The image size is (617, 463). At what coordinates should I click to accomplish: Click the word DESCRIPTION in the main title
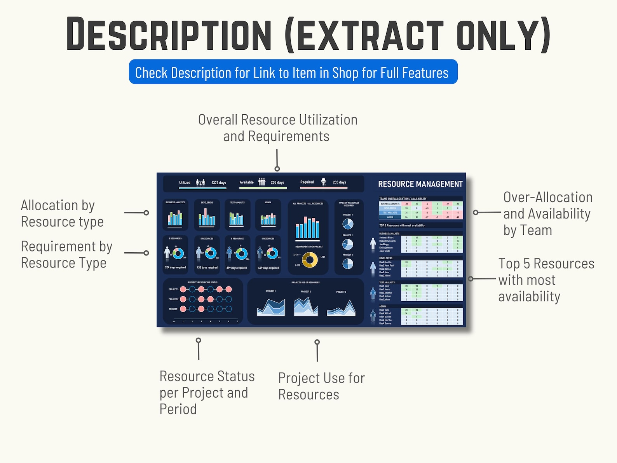point(169,34)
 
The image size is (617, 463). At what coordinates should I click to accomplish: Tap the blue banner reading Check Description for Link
point(293,72)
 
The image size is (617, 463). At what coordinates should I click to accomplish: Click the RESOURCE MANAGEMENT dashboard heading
point(420,184)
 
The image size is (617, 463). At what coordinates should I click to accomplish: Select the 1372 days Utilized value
point(219,183)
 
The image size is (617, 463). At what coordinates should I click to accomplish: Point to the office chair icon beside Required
point(323,182)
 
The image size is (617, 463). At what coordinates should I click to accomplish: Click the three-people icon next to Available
point(262,182)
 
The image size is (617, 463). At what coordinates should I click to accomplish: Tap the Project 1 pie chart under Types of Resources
point(348,224)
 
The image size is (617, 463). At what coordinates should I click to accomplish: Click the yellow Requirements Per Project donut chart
point(310,260)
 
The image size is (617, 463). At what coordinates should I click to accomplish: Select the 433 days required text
point(207,267)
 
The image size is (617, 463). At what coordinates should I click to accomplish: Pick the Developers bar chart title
point(207,203)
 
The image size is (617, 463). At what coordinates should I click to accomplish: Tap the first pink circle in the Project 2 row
point(183,299)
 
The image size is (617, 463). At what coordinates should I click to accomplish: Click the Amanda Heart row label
point(386,238)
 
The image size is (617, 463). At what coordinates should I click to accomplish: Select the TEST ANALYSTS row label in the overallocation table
point(390,213)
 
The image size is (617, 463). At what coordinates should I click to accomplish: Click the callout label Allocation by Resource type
point(62,213)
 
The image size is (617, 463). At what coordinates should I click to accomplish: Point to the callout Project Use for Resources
point(321,386)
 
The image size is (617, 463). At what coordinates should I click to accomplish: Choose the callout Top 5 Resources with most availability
point(546,280)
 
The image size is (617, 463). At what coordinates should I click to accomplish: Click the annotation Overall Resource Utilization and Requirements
point(277,128)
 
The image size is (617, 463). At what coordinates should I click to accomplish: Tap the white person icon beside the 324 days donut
point(167,253)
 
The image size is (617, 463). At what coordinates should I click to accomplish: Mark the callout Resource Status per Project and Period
point(207,393)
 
